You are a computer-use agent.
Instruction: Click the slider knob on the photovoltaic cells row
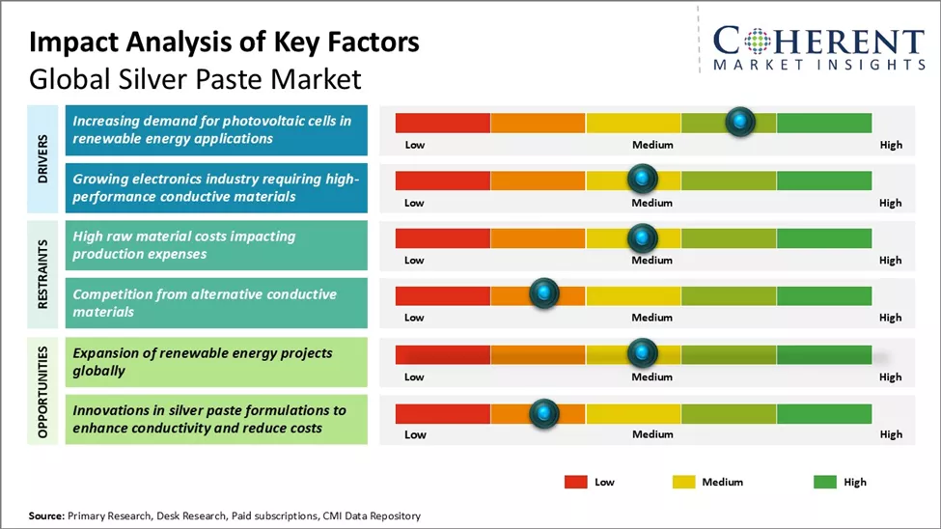tap(739, 122)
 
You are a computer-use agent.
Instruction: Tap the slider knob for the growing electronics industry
tap(642, 180)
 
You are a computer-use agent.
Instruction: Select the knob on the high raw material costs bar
tap(642, 237)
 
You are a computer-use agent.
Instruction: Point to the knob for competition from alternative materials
tap(544, 294)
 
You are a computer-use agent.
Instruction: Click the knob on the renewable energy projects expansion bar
tap(642, 353)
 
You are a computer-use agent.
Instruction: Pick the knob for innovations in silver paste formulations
tap(544, 413)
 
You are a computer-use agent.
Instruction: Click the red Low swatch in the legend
tap(576, 481)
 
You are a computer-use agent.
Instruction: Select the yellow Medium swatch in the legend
tap(682, 481)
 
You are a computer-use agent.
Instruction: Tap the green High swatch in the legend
tap(825, 481)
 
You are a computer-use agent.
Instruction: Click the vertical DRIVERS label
tap(43, 158)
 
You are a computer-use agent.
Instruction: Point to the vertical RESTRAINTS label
tap(43, 273)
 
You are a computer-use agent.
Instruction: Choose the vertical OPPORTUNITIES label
tap(43, 389)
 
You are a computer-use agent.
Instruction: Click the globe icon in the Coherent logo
tap(755, 41)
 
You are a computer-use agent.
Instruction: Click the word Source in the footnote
tap(46, 516)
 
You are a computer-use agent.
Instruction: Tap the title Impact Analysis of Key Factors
tap(224, 42)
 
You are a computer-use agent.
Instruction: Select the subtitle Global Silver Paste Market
tap(195, 77)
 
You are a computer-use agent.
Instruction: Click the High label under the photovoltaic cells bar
tap(891, 145)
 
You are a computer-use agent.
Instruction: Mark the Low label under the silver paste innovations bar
tap(415, 434)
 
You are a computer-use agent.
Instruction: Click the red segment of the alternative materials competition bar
tap(442, 295)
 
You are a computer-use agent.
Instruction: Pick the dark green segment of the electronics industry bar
tap(823, 181)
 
